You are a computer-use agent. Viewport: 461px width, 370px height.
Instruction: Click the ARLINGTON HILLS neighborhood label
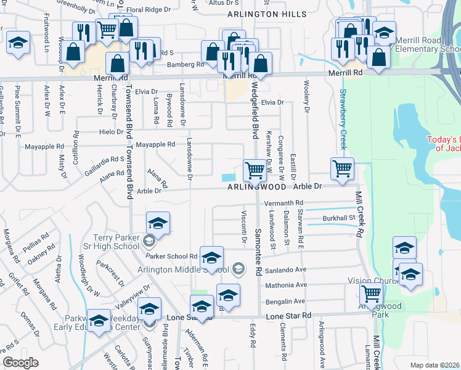tap(266, 14)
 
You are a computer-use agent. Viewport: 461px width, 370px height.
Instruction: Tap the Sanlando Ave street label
tap(286, 269)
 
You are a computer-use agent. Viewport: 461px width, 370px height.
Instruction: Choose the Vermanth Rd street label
tap(284, 202)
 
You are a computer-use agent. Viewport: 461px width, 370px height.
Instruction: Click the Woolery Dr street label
tap(306, 96)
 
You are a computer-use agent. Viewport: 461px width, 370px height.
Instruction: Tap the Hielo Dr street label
tap(112, 131)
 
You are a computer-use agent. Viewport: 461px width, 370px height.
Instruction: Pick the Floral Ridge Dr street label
tap(149, 10)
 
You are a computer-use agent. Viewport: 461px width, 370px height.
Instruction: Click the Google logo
tap(20, 363)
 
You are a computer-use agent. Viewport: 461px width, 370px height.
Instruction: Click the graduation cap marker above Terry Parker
tap(158, 223)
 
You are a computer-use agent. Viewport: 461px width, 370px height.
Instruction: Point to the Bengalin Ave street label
tap(285, 301)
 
